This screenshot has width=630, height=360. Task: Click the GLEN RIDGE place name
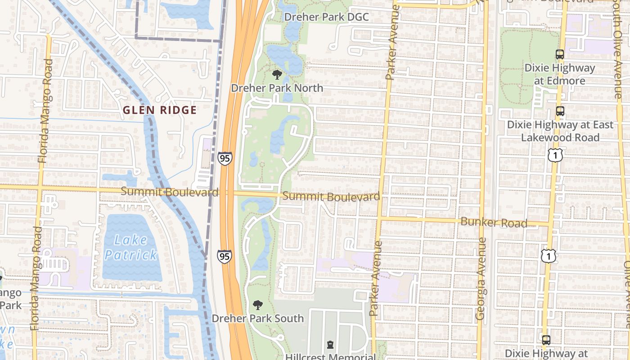160,110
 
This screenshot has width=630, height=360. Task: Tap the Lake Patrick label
130,247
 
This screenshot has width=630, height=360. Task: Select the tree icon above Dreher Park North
277,75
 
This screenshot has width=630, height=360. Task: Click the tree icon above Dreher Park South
258,306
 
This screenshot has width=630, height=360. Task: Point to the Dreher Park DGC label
326,17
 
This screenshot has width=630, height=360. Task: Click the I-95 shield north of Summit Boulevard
225,158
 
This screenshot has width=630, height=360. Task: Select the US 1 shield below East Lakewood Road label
555,155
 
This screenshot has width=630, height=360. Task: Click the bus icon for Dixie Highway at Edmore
560,54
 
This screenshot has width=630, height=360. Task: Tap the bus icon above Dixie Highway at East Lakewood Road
560,111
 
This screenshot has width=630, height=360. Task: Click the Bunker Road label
494,222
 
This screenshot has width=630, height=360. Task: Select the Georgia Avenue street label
481,279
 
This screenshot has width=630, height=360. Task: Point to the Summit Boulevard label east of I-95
331,197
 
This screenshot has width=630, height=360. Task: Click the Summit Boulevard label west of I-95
170,192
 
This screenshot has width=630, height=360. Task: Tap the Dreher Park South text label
257,319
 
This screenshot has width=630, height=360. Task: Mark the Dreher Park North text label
277,88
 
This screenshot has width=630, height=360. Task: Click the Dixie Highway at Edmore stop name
560,75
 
